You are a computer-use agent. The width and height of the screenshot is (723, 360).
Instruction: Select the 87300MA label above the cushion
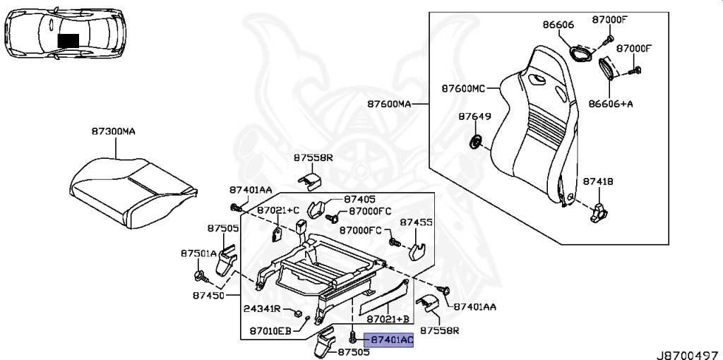click(113, 131)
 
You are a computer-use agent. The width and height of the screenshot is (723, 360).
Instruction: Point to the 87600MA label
click(388, 104)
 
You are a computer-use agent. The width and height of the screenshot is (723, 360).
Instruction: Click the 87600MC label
click(463, 89)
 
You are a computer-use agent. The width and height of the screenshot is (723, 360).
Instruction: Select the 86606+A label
click(611, 103)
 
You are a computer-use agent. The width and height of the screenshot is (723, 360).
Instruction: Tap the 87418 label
click(598, 181)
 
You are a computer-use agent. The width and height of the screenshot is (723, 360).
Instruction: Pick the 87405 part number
click(360, 200)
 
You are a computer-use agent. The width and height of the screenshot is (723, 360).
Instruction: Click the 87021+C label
click(278, 210)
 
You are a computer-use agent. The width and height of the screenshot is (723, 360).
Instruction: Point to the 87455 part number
click(417, 222)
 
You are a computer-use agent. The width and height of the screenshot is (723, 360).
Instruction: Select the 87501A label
click(198, 253)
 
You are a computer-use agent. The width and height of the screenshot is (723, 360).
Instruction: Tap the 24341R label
click(263, 309)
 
